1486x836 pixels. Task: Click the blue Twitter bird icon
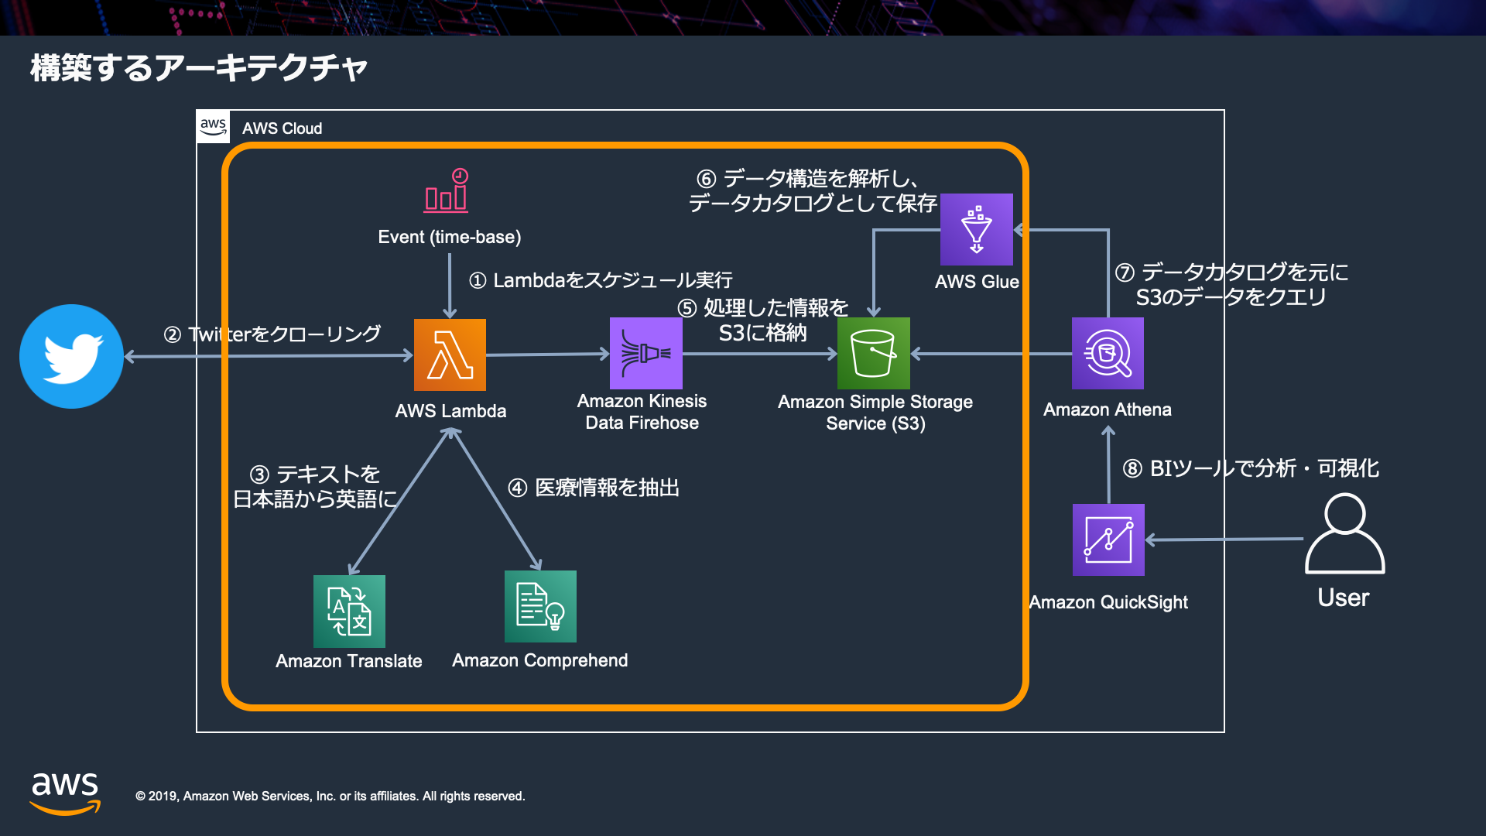pos(71,356)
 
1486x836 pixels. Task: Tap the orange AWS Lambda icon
pos(450,355)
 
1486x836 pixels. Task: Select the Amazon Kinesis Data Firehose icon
pos(646,353)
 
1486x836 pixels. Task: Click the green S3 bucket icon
pos(874,353)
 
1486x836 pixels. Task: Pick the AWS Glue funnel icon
pos(977,229)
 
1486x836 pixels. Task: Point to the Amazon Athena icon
pos(1108,353)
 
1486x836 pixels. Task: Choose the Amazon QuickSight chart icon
pos(1108,540)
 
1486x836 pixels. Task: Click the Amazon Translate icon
pos(349,612)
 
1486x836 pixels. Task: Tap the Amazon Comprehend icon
pos(540,606)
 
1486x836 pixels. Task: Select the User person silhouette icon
pos(1345,534)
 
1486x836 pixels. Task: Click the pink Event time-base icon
pos(447,190)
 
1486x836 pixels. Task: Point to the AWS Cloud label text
pos(282,128)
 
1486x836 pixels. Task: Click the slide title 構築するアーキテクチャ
pos(199,68)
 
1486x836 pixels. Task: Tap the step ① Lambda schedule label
pos(601,280)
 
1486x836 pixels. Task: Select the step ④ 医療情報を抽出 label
pos(594,488)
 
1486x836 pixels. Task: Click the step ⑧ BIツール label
pos(1251,468)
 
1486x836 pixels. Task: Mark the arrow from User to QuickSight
pos(1224,540)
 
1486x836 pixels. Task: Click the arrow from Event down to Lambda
pos(450,286)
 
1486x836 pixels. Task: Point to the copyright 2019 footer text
pos(330,797)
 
